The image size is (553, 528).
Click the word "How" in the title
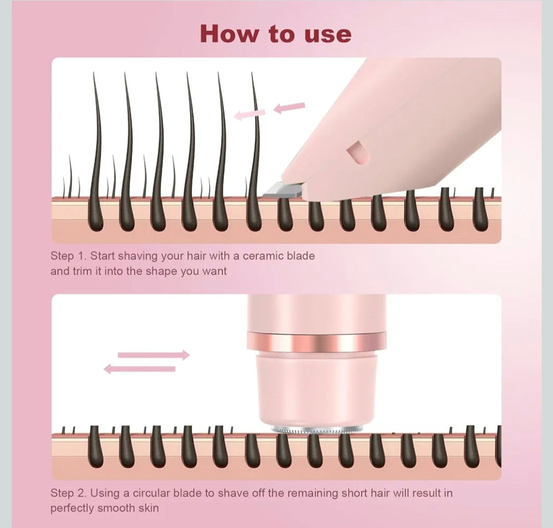point(229,34)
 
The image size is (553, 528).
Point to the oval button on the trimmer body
point(357,153)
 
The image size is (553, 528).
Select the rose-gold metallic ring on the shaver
point(316,342)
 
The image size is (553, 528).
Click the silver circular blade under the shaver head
point(316,430)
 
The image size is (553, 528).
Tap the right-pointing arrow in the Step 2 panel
point(154,355)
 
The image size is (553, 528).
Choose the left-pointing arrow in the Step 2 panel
point(140,369)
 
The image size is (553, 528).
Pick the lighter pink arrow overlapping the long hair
point(250,114)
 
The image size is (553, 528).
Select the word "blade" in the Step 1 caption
point(301,256)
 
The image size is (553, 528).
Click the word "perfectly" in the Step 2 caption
point(72,509)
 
